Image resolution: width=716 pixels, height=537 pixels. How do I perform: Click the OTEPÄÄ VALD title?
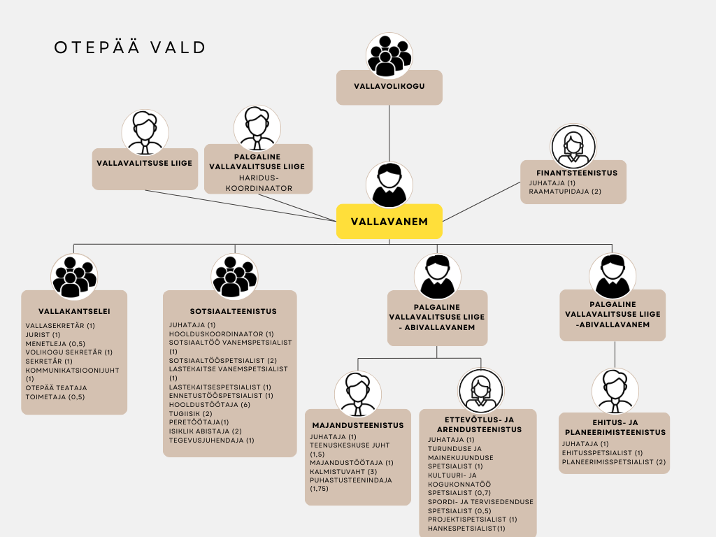[130, 48]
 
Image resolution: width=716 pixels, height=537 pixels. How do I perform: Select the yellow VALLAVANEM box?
[389, 222]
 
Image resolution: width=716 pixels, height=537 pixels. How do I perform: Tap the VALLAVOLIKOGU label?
[389, 87]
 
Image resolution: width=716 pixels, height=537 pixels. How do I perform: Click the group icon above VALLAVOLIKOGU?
[389, 55]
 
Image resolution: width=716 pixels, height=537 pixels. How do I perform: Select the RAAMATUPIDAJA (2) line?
[565, 192]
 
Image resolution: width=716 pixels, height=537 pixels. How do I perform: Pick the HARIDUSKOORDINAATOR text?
[258, 182]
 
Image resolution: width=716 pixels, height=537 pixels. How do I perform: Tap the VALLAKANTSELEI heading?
[74, 312]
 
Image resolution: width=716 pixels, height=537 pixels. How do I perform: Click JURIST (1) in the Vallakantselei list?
[43, 334]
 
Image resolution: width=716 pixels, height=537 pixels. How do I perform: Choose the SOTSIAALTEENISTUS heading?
[233, 311]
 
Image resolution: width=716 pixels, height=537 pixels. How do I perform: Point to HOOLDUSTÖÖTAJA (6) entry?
[209, 405]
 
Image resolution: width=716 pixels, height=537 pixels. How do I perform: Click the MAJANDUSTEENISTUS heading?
[357, 425]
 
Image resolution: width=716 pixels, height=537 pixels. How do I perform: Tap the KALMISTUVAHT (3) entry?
[343, 471]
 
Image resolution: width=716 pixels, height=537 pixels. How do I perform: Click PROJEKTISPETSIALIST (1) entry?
[473, 520]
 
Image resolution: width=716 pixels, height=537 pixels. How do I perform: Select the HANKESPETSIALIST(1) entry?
[466, 529]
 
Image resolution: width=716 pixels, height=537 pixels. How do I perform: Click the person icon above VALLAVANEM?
[389, 184]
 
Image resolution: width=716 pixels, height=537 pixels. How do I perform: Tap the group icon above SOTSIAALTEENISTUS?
[234, 276]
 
